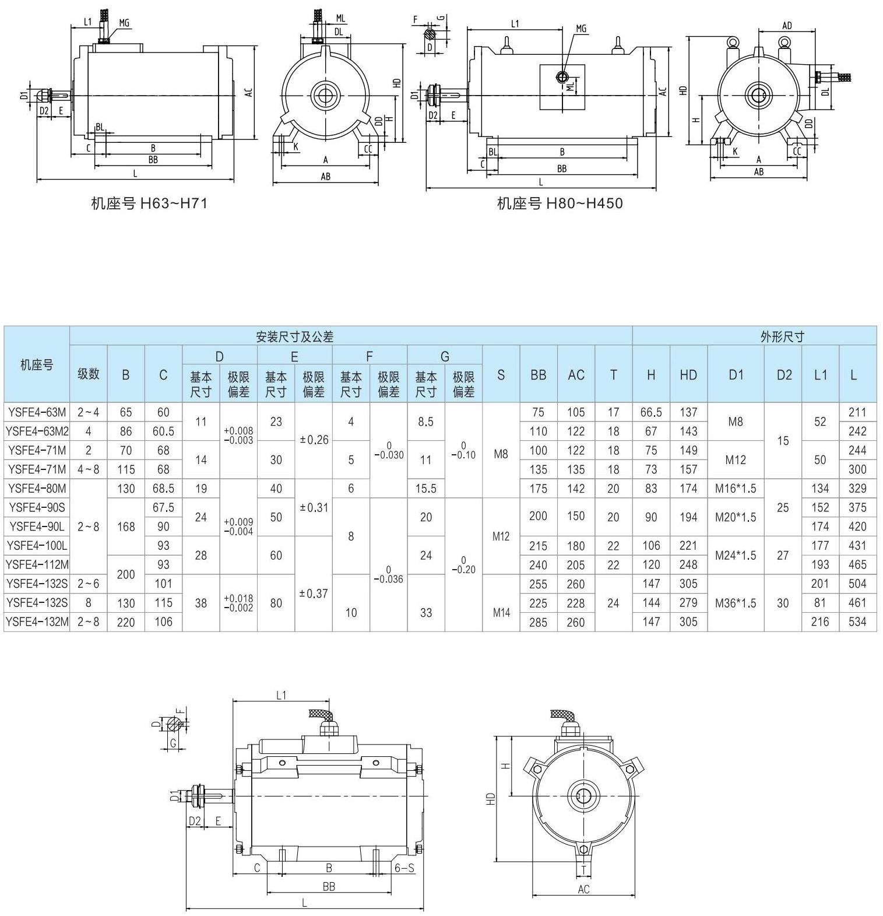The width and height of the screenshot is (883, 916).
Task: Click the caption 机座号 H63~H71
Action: point(149,203)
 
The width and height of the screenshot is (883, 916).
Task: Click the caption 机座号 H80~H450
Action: point(560,203)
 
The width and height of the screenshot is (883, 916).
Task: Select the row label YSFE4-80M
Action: point(37,488)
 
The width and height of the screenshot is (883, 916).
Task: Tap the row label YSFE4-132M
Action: point(37,622)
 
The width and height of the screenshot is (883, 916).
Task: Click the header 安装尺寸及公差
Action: point(295,336)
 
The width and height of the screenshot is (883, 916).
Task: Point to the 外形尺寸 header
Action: point(782,336)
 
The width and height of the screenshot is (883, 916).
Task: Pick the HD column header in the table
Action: point(688,375)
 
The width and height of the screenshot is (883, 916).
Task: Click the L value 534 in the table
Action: point(857,622)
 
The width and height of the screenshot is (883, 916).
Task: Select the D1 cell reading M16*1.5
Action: point(736,488)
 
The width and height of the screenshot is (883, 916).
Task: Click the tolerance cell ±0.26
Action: point(314,440)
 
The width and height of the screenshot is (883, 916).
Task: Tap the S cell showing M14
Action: point(501,612)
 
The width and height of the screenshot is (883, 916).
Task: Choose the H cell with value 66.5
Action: point(651,412)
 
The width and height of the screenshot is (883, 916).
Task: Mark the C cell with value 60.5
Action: point(163,431)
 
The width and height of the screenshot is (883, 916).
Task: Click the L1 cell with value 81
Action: point(820,603)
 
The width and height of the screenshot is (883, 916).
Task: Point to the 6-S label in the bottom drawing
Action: point(404,868)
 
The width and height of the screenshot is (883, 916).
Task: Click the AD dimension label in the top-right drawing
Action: point(787,26)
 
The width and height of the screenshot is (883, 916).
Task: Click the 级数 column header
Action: point(89,374)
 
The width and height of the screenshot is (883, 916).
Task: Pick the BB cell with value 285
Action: point(538,622)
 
